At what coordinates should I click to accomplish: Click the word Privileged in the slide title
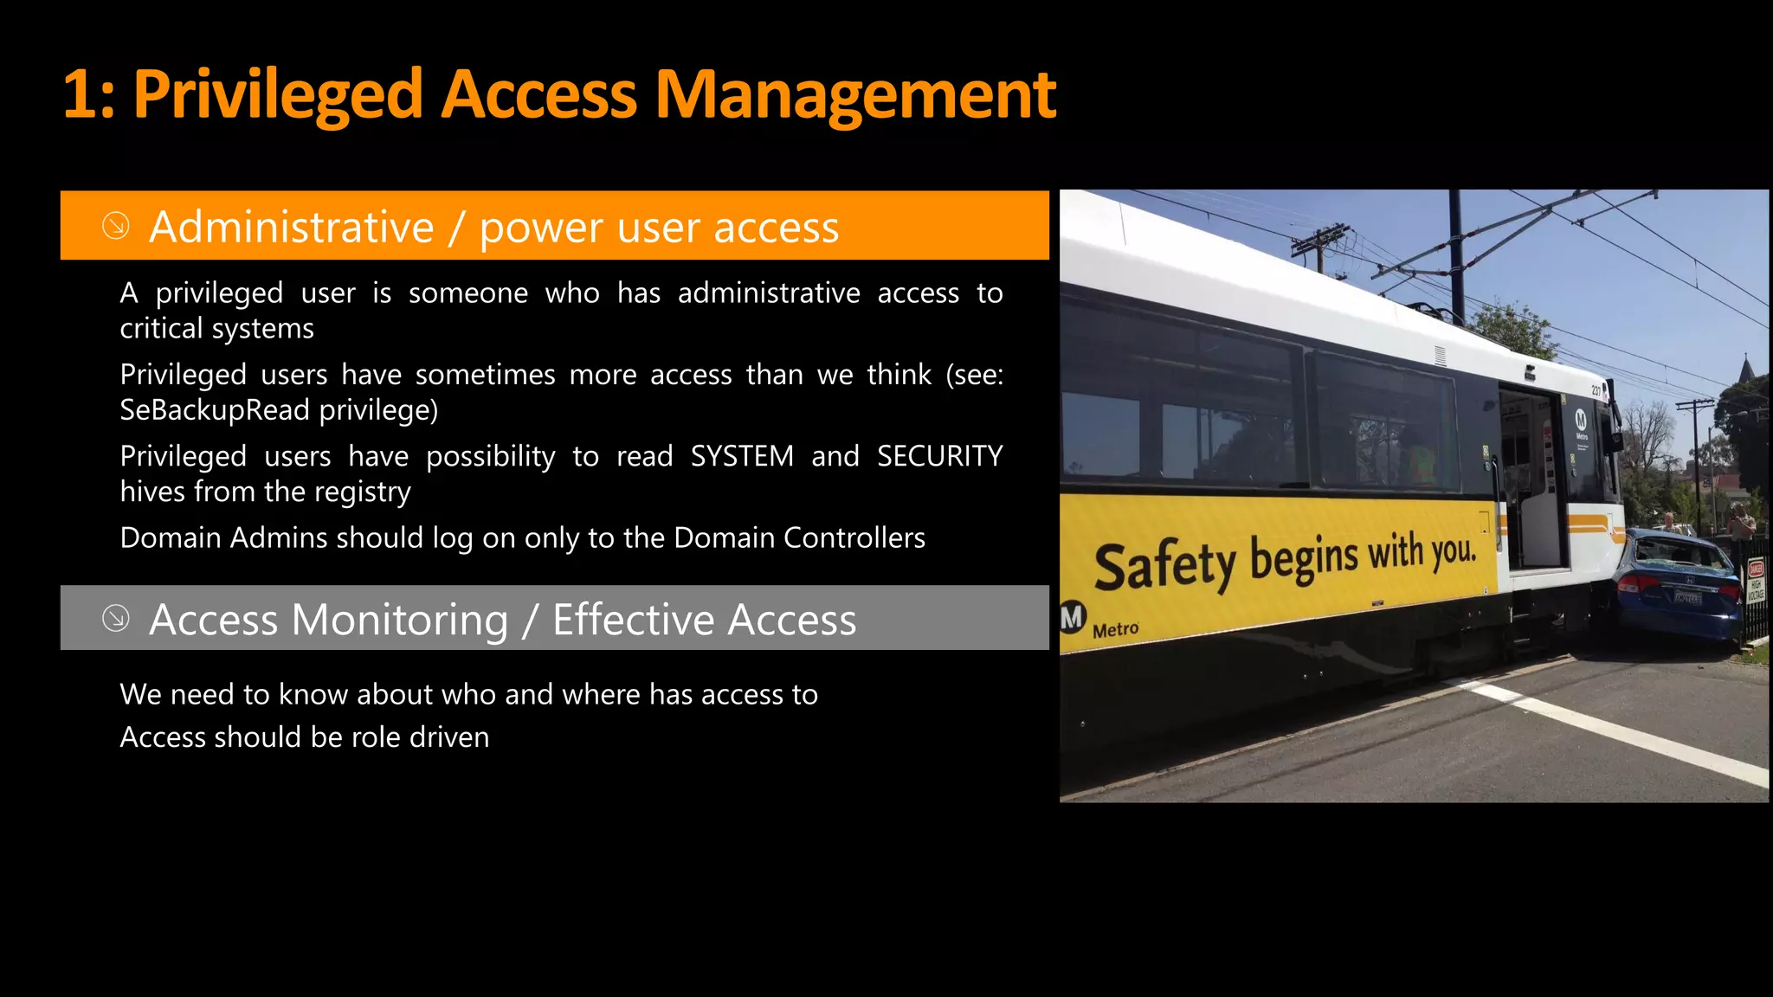click(x=277, y=95)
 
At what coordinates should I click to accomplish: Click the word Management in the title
click(x=855, y=95)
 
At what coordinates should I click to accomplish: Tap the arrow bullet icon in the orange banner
click(x=116, y=226)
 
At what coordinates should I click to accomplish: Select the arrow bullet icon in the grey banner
click(x=116, y=618)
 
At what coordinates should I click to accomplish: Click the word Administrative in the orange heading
click(x=291, y=228)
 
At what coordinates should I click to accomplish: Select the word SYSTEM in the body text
click(x=741, y=456)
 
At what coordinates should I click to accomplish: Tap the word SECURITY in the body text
click(x=939, y=456)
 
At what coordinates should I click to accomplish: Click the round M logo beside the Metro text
click(x=1072, y=617)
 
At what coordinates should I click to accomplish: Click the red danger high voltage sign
click(x=1756, y=581)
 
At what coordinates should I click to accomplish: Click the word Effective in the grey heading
click(x=632, y=620)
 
